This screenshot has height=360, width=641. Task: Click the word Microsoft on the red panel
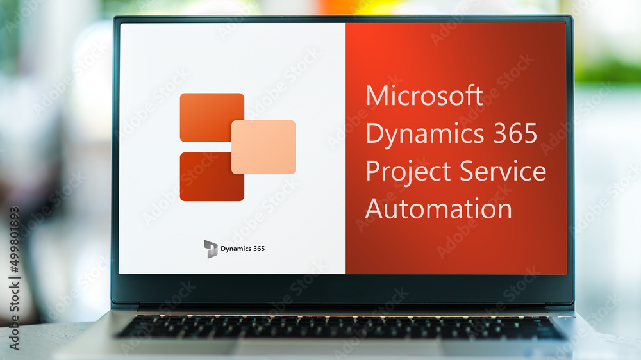[424, 96]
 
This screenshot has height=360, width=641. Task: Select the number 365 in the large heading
[515, 133]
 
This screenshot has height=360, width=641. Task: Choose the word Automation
[438, 209]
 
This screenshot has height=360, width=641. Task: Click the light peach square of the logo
[263, 147]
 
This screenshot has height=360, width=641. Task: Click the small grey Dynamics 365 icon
[211, 249]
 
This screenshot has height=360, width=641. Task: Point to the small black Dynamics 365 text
[242, 249]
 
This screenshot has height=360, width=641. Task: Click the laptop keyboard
[340, 327]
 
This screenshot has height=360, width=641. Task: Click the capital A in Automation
[375, 209]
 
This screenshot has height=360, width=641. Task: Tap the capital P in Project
[372, 171]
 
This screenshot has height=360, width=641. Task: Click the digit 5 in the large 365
[529, 133]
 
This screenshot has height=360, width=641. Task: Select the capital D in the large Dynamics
[374, 133]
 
